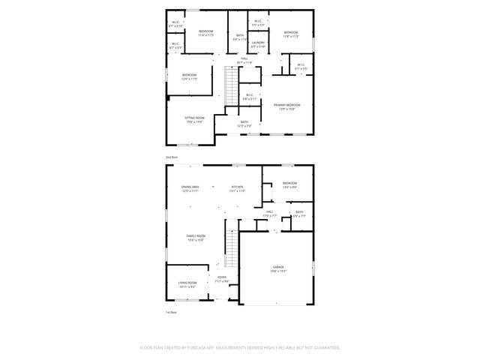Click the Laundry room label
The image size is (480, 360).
257,43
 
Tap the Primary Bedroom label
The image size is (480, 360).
286,105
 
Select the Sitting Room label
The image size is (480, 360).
194,118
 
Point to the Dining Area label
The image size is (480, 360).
190,186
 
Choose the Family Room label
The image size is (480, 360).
196,235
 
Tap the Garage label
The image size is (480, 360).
277,266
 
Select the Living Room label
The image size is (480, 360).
187,282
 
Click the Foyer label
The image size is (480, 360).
222,277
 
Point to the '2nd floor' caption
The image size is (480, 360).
172,157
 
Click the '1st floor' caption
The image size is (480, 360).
171,312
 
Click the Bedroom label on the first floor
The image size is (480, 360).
289,183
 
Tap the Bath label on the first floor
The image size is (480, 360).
299,211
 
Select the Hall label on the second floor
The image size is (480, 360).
244,58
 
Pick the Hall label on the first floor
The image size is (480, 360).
269,211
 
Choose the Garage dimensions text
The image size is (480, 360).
277,271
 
